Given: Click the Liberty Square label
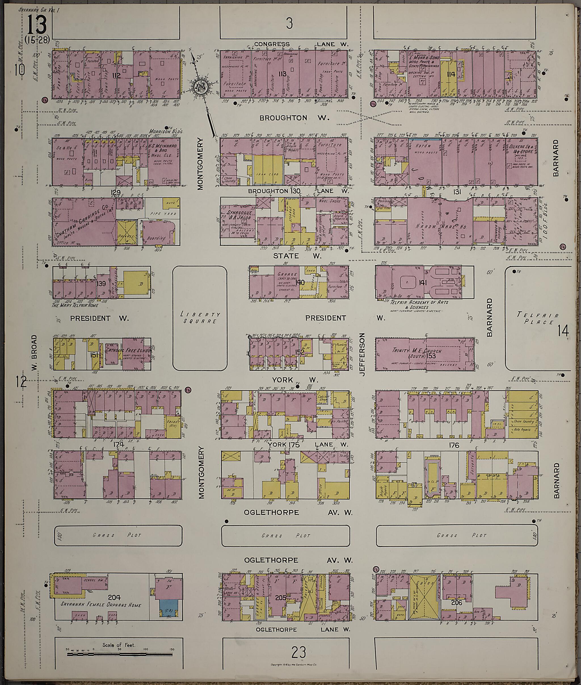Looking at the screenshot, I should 200,318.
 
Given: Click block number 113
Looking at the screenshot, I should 282,74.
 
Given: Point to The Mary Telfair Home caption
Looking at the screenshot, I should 80,305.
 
